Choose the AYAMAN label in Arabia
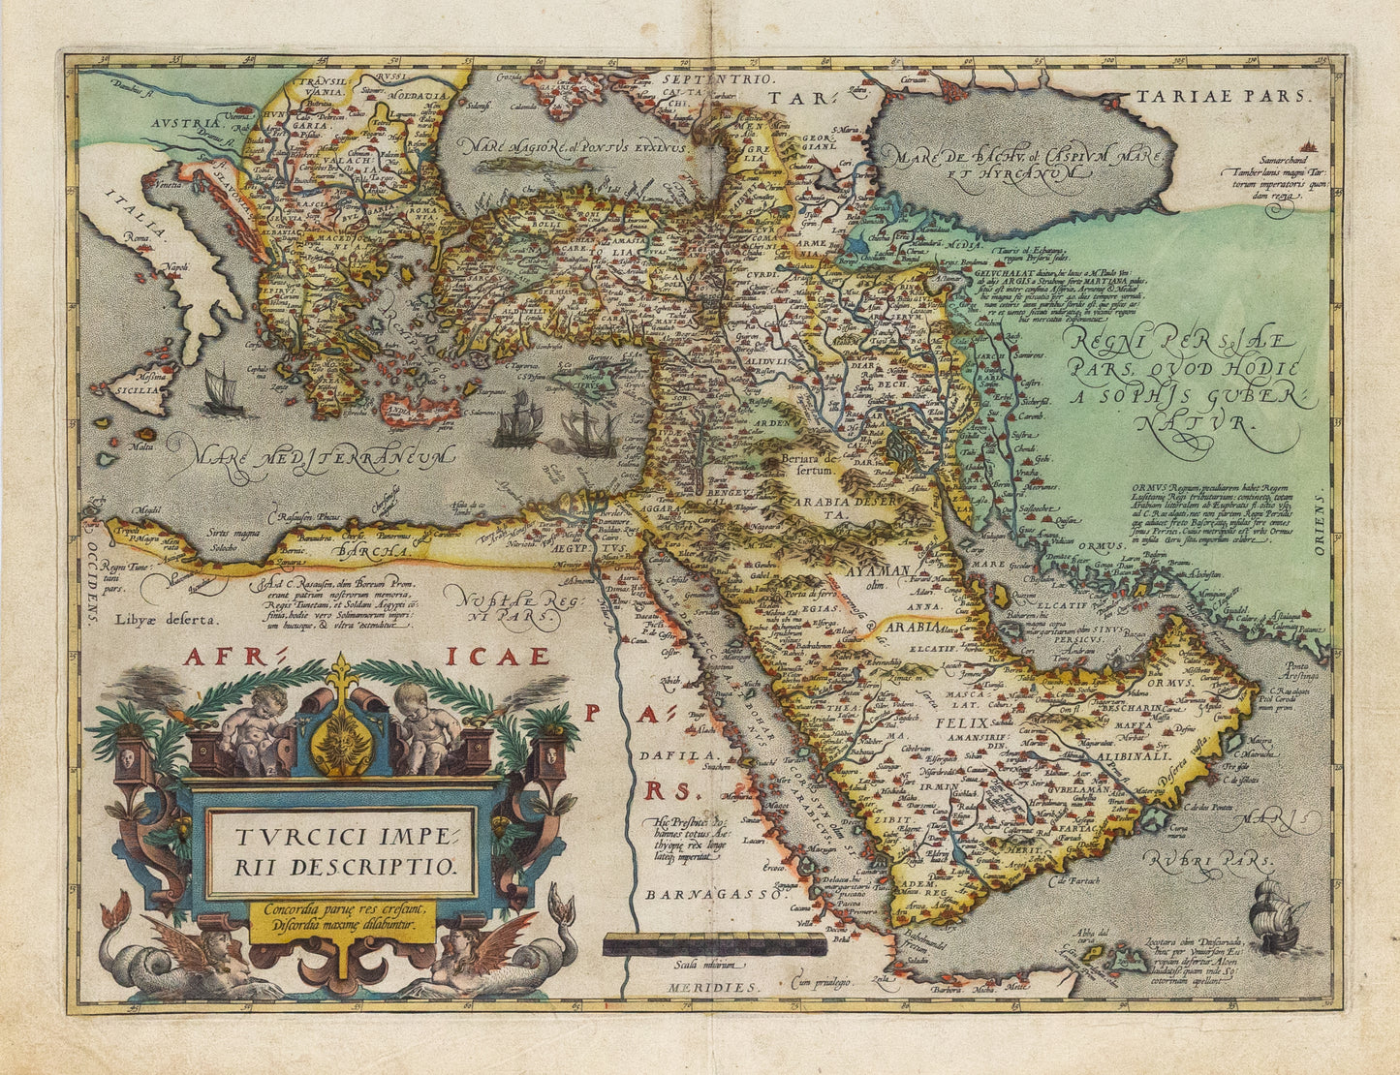click(x=879, y=571)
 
